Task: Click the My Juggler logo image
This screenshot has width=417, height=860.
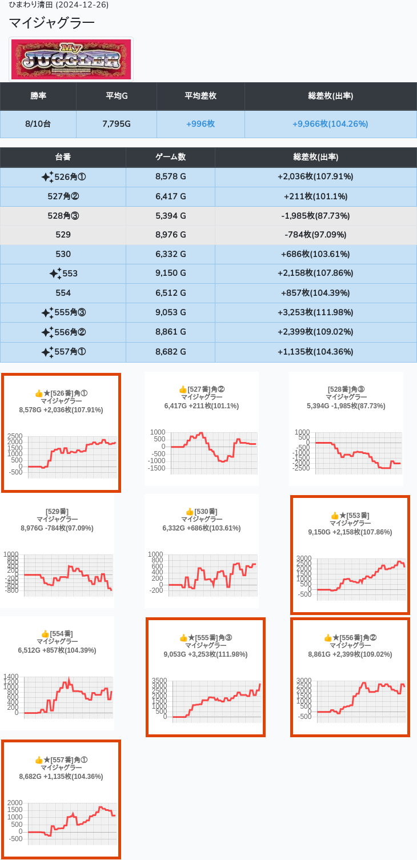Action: click(x=71, y=59)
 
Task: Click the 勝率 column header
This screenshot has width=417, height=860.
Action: click(x=38, y=96)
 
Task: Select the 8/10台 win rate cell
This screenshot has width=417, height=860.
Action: click(x=38, y=124)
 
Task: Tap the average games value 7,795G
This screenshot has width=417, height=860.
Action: click(x=117, y=124)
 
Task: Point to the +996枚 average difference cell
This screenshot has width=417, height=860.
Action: click(x=200, y=124)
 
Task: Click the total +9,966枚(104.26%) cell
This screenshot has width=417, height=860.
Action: click(x=330, y=124)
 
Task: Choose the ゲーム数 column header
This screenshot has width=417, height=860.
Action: click(x=170, y=157)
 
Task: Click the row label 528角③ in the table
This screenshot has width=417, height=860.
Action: click(x=63, y=215)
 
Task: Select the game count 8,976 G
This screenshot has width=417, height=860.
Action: click(x=170, y=235)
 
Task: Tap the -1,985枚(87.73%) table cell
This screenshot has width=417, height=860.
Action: click(x=315, y=215)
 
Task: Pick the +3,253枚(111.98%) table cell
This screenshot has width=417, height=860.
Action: click(x=315, y=312)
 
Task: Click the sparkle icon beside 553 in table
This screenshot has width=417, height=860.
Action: click(x=55, y=274)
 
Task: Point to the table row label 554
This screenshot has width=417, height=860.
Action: click(x=63, y=293)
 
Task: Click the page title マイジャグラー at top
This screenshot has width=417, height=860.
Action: click(x=51, y=23)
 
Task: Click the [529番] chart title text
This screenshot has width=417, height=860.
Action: click(x=57, y=512)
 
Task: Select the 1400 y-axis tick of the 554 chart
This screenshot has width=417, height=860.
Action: click(x=11, y=676)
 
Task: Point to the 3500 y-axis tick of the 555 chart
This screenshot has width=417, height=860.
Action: click(x=159, y=681)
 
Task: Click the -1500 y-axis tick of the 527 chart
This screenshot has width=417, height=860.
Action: click(x=157, y=468)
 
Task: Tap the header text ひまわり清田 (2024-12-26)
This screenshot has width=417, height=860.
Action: click(x=59, y=5)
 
